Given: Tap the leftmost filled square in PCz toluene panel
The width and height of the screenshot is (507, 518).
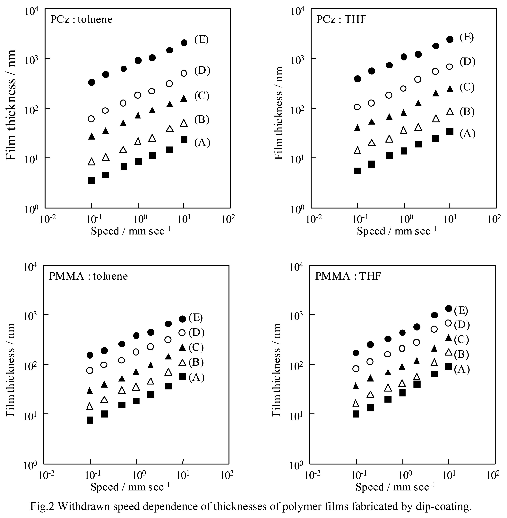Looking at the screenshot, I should point(92,181).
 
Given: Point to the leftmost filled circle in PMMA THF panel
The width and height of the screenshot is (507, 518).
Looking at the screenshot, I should point(356,353).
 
